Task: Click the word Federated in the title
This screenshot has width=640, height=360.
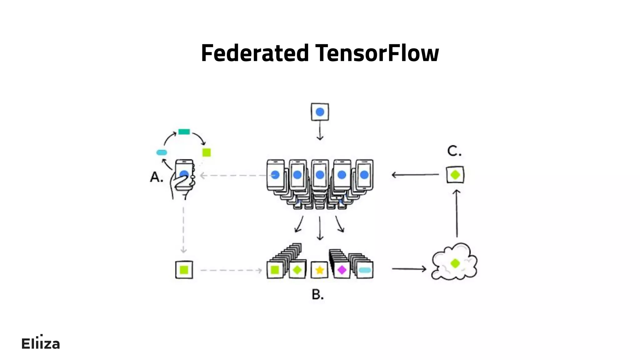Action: click(x=255, y=53)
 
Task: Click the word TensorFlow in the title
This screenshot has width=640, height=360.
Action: click(x=377, y=53)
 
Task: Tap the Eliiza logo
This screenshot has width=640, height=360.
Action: click(x=41, y=343)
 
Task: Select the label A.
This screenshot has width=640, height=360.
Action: click(x=157, y=177)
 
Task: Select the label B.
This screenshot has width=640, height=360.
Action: click(x=317, y=294)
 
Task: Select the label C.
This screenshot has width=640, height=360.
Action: click(x=454, y=151)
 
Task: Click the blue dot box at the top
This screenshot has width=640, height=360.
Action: click(x=320, y=112)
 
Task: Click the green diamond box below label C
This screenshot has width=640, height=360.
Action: click(x=455, y=175)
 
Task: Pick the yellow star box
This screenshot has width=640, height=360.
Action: click(x=319, y=270)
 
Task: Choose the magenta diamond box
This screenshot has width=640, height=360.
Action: click(x=342, y=270)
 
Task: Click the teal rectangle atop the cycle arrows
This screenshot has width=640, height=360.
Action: click(x=184, y=132)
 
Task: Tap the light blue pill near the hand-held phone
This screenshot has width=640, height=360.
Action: click(x=162, y=152)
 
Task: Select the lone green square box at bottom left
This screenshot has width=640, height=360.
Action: click(x=184, y=270)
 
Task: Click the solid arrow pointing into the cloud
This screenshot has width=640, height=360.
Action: click(x=409, y=268)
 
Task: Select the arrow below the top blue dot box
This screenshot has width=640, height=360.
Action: click(x=320, y=131)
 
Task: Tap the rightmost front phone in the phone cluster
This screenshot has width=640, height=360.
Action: click(x=364, y=175)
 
